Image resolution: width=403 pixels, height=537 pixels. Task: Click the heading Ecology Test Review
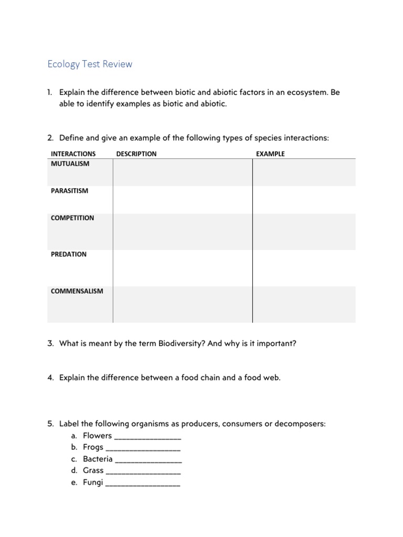coord(90,65)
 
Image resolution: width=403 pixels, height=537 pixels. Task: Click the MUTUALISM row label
coord(70,164)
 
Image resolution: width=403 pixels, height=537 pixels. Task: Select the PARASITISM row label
coord(69,191)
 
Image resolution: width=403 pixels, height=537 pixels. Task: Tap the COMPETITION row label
coord(72,218)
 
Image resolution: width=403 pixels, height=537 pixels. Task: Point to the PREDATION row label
coord(69,254)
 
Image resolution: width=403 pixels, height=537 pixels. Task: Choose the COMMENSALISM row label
coord(77,291)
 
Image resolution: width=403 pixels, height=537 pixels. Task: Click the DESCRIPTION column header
coord(136,154)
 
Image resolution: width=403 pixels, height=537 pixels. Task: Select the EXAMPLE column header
coord(270,154)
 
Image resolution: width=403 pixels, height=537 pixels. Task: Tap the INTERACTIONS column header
coord(73,154)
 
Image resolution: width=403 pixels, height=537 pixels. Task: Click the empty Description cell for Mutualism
coord(183,173)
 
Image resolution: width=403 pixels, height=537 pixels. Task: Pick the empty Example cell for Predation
coord(304,268)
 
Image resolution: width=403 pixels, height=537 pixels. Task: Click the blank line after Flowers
coord(147,437)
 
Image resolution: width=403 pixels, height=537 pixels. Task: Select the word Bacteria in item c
coord(98,459)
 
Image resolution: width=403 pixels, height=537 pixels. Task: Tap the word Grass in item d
coord(93,470)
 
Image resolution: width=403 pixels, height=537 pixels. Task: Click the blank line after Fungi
coord(143,483)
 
